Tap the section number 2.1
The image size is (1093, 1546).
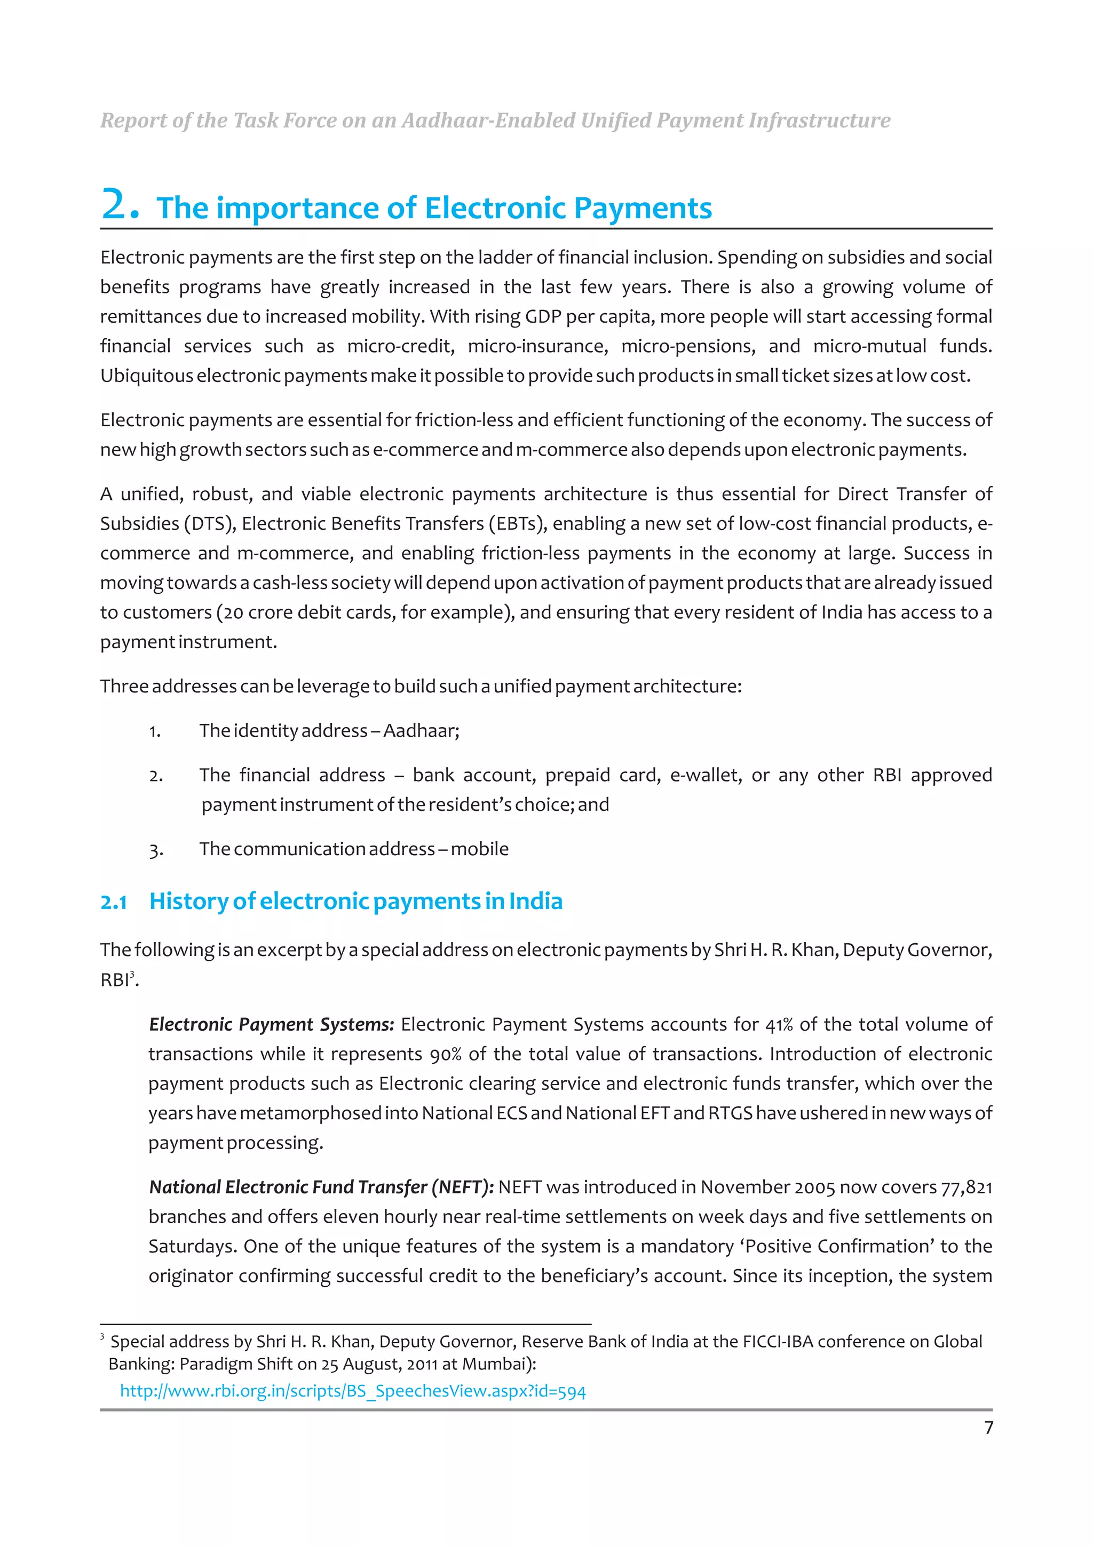tap(114, 902)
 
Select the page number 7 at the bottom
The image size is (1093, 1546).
tap(988, 1428)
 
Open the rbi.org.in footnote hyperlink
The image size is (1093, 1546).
tap(353, 1391)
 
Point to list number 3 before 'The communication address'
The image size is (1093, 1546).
tap(155, 850)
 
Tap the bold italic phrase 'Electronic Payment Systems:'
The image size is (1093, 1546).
tap(272, 1024)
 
